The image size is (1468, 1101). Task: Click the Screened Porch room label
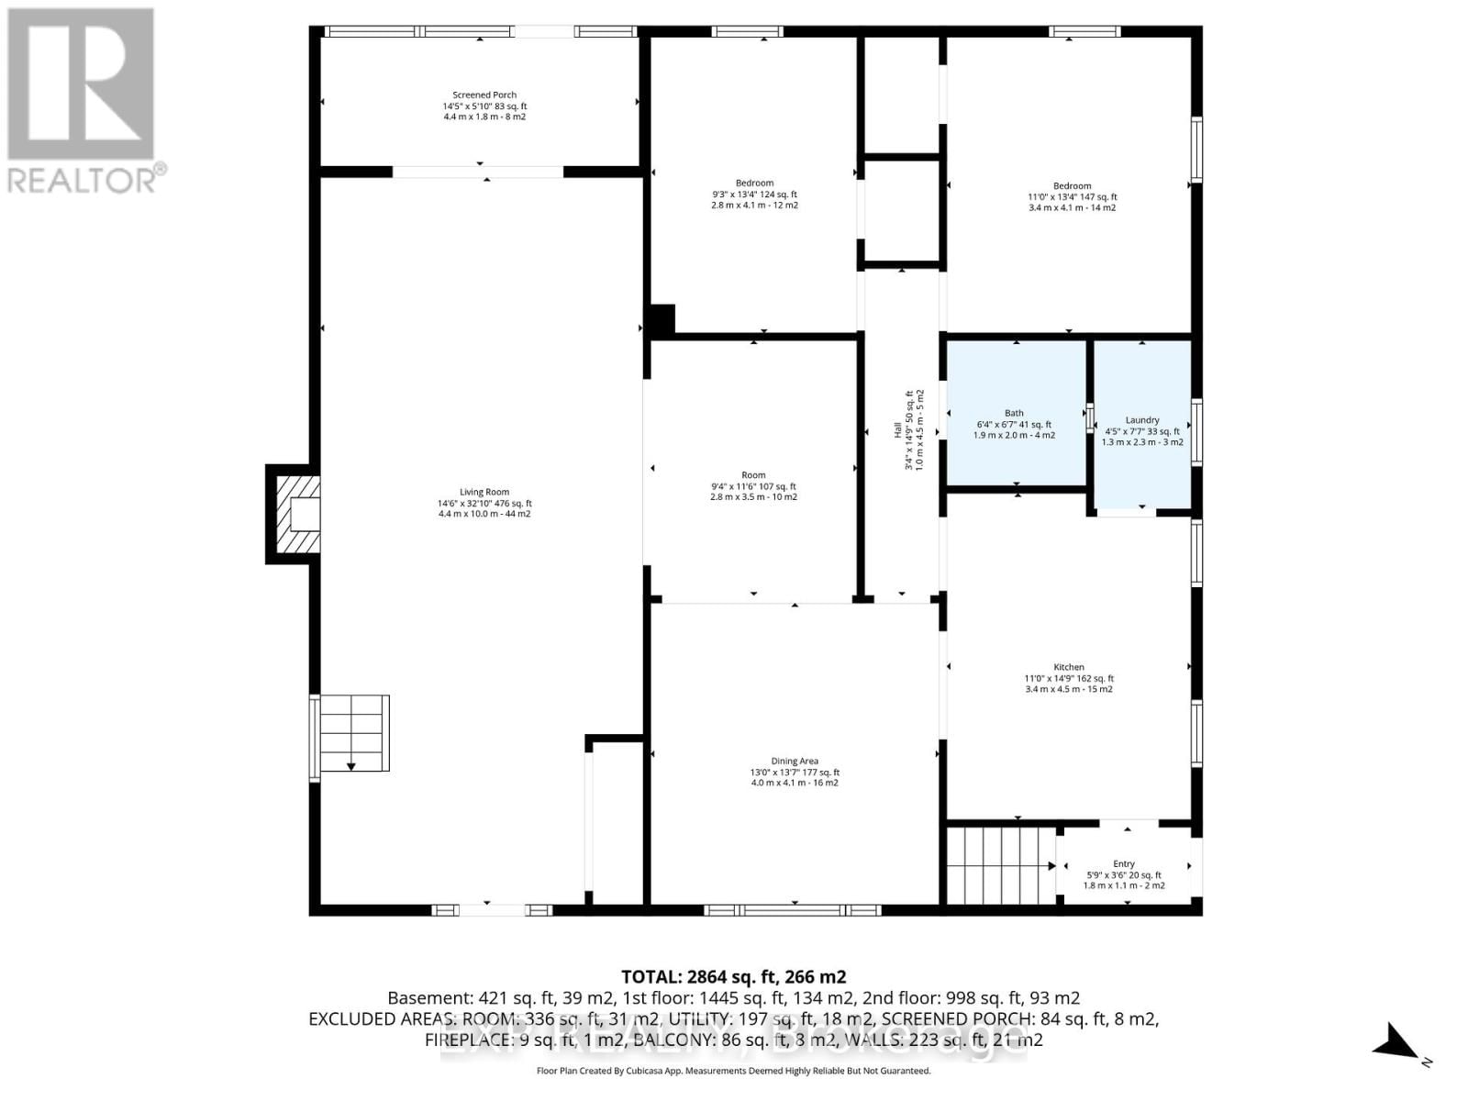(484, 106)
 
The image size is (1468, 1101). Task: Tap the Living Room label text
(484, 503)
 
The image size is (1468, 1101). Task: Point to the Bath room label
(1014, 424)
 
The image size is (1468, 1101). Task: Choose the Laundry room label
(1142, 430)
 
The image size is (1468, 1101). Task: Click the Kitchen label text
(1069, 678)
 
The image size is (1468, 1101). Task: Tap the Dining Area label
(795, 772)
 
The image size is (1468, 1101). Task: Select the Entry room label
(1124, 874)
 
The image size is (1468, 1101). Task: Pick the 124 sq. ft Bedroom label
(754, 194)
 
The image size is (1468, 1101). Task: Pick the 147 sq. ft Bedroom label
(1072, 196)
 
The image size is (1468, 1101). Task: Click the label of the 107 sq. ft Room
(753, 486)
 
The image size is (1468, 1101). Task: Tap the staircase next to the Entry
(1000, 864)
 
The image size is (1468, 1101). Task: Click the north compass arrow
(1396, 1042)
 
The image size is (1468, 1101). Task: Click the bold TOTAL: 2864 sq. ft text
(733, 976)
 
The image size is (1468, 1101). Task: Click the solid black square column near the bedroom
(662, 319)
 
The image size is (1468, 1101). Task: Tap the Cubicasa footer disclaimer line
(733, 1071)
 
